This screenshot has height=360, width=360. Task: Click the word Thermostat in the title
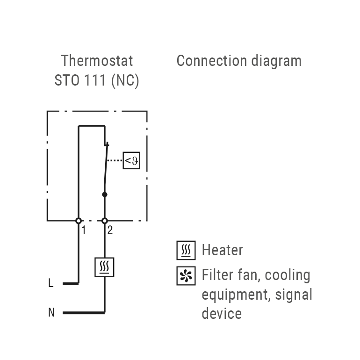[x=97, y=61]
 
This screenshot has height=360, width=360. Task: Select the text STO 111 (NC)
[x=97, y=80]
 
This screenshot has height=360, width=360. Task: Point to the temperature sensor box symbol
[x=131, y=161]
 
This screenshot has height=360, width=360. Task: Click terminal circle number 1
[x=79, y=221]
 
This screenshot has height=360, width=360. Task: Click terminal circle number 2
[x=105, y=221]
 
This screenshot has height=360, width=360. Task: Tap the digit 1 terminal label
[x=84, y=230]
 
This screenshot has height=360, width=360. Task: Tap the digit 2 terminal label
[x=110, y=230]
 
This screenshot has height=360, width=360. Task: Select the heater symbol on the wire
[x=105, y=267]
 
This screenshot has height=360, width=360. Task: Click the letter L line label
[x=51, y=283]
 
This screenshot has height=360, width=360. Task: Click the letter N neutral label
[x=51, y=312]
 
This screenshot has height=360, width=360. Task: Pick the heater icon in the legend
[x=186, y=251]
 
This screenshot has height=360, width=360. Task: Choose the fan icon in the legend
[x=186, y=276]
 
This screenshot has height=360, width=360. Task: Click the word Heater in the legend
[x=222, y=250]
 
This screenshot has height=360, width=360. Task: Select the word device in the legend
[x=222, y=313]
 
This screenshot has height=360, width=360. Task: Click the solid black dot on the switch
[x=105, y=194]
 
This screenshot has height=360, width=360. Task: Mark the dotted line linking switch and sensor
[x=115, y=161]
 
